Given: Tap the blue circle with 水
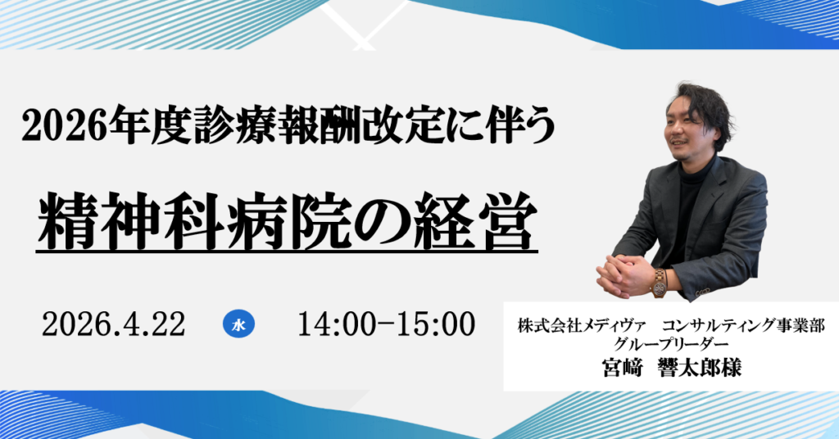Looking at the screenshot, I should point(238,324).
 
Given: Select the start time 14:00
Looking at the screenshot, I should point(334,324).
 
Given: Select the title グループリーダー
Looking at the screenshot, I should point(671,345).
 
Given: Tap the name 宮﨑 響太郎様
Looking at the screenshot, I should point(671,368).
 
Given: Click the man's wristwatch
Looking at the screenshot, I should point(658,283).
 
